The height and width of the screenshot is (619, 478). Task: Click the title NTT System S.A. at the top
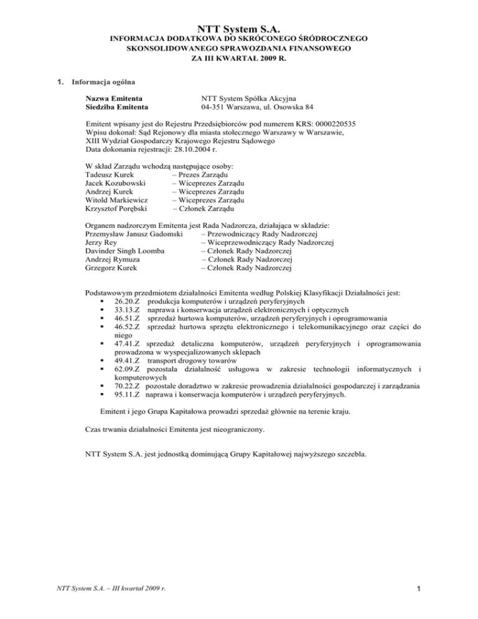tap(240, 29)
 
